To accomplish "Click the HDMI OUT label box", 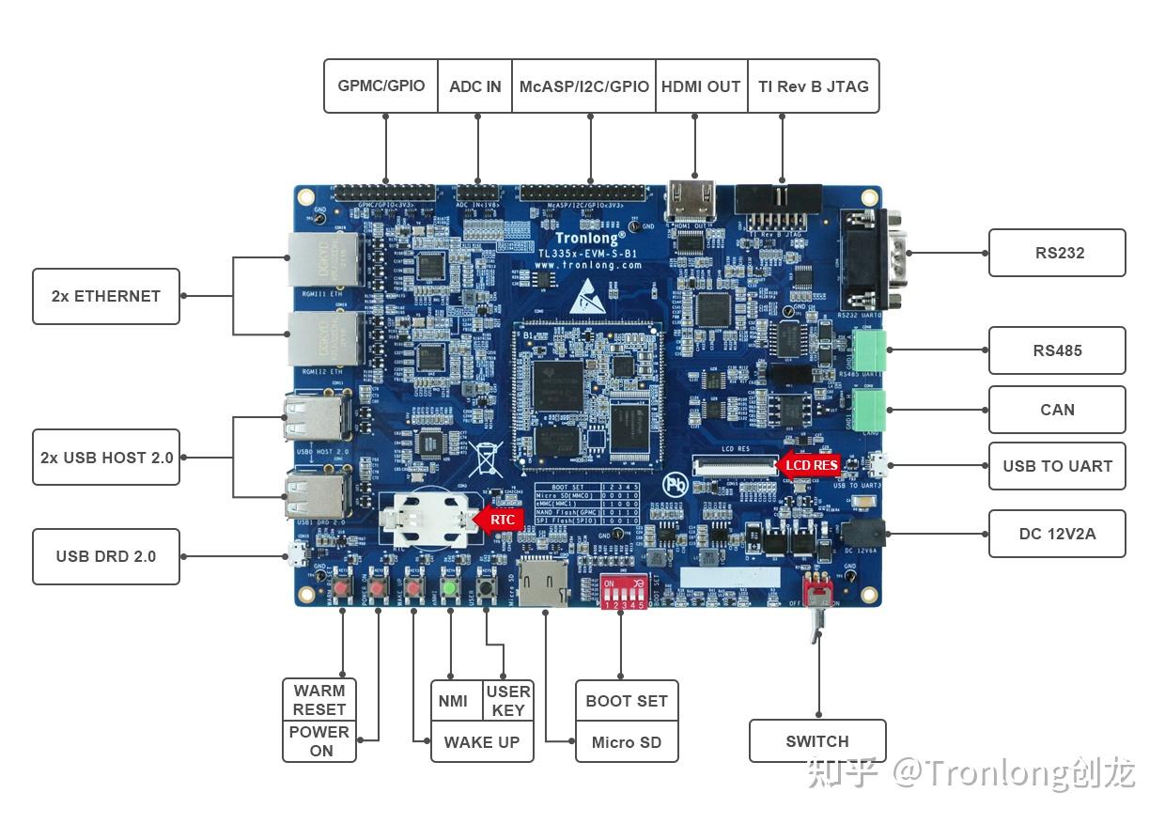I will point(701,86).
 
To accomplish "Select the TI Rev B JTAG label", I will point(814,86).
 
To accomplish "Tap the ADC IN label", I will point(475,86).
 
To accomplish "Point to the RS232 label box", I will point(1057,253).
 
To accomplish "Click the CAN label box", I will point(1057,410).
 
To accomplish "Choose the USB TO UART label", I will point(1057,466).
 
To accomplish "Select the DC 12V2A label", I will point(1057,534).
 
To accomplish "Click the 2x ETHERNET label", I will point(106,296).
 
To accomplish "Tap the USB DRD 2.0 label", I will point(106,556).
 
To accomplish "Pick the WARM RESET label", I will point(319,700).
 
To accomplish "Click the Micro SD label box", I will point(627,742).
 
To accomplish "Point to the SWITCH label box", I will point(817,741).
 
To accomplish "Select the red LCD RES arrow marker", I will point(809,464).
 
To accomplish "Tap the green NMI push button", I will point(450,589).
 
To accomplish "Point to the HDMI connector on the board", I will point(691,200).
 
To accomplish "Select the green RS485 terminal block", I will point(871,351).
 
